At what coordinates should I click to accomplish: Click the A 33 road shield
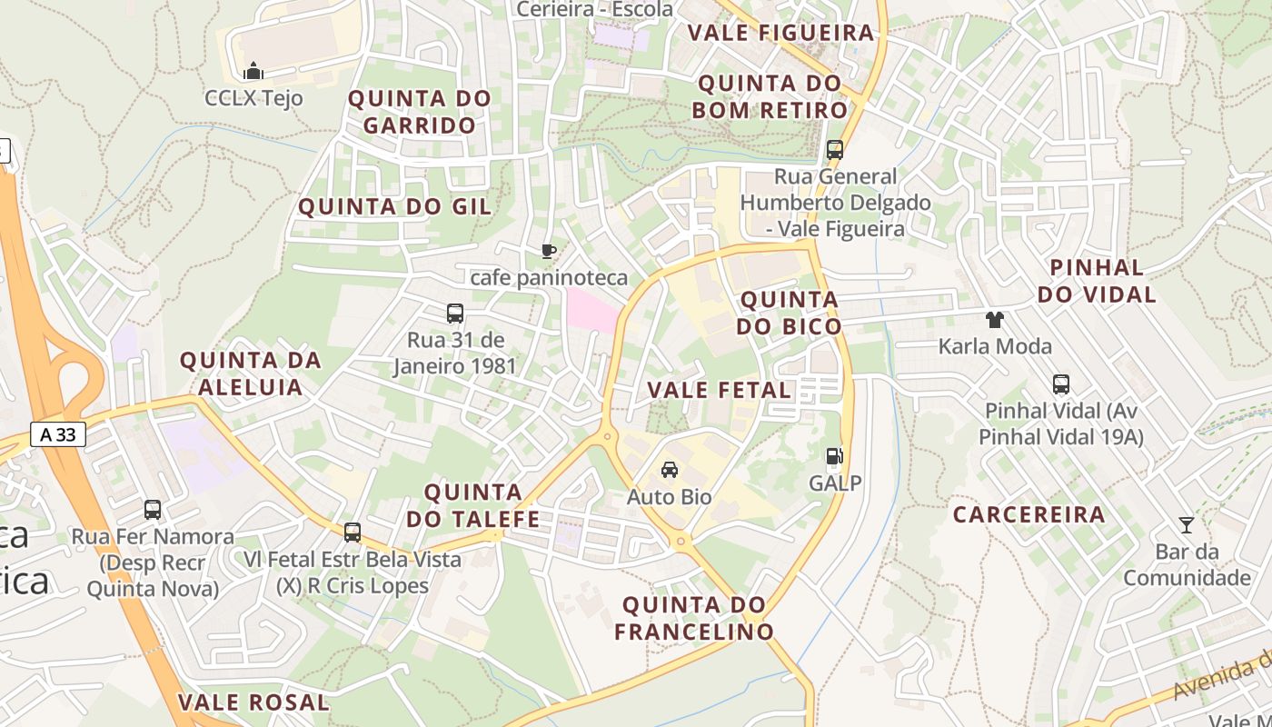coord(58,434)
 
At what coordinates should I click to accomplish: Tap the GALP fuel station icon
coord(833,456)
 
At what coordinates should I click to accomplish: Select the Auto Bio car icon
coord(670,469)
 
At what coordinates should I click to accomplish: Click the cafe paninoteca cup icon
coord(548,251)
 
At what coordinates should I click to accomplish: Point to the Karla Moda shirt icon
coord(995,319)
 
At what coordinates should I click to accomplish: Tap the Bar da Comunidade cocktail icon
coord(1186,524)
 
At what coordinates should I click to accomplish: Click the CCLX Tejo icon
coord(253,71)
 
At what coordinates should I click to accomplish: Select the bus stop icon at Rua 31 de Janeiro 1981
coord(455,314)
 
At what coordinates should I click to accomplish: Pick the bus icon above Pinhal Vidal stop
coord(1060,384)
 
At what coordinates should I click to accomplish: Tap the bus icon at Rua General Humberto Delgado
coord(834,150)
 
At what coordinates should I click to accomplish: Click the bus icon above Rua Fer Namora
coord(153,510)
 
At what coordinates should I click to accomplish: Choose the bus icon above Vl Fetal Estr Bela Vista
coord(352,533)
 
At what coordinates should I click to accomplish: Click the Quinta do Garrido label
coord(420,111)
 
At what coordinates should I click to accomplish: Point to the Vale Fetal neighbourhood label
coord(719,390)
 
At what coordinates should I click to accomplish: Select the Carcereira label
coord(1029,514)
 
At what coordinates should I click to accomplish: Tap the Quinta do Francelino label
coord(694,617)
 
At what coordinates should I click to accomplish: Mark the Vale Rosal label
coord(253,702)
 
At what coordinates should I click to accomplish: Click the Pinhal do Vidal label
coord(1097,280)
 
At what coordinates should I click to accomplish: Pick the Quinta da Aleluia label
coord(251,373)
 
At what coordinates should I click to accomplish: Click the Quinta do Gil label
coord(394,206)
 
